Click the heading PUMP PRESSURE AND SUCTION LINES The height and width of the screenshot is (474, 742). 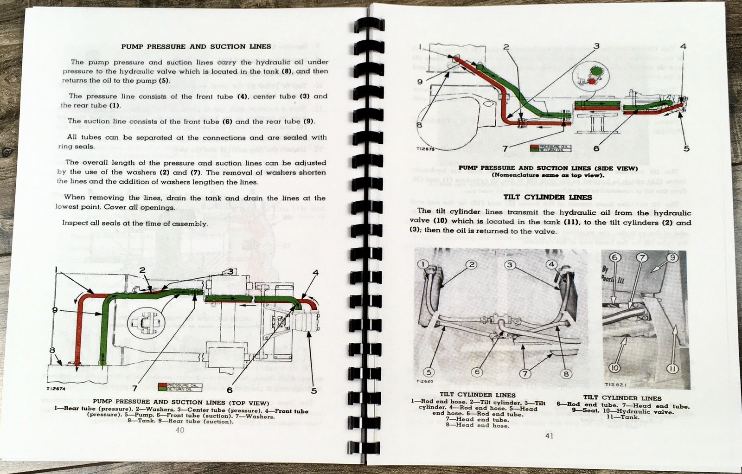196,46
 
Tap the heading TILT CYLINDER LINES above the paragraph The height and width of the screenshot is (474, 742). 548,197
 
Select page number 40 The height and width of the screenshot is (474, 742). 180,430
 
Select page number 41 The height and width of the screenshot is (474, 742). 549,436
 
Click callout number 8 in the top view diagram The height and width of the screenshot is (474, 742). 52,350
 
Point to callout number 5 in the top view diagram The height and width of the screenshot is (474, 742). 314,391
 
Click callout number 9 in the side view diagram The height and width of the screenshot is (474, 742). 419,82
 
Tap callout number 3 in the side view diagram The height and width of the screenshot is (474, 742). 596,46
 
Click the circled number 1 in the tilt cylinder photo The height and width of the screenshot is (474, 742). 423,264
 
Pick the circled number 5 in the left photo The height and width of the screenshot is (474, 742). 429,372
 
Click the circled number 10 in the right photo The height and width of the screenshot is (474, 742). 614,368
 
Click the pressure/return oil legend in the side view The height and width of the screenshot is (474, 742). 551,148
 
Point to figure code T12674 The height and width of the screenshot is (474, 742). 56,389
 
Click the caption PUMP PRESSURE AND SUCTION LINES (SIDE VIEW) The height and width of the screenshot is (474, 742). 548,168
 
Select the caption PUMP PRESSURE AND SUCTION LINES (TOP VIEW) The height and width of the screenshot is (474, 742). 180,403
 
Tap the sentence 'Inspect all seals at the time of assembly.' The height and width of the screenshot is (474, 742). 135,223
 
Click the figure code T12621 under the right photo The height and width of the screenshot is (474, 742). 616,384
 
